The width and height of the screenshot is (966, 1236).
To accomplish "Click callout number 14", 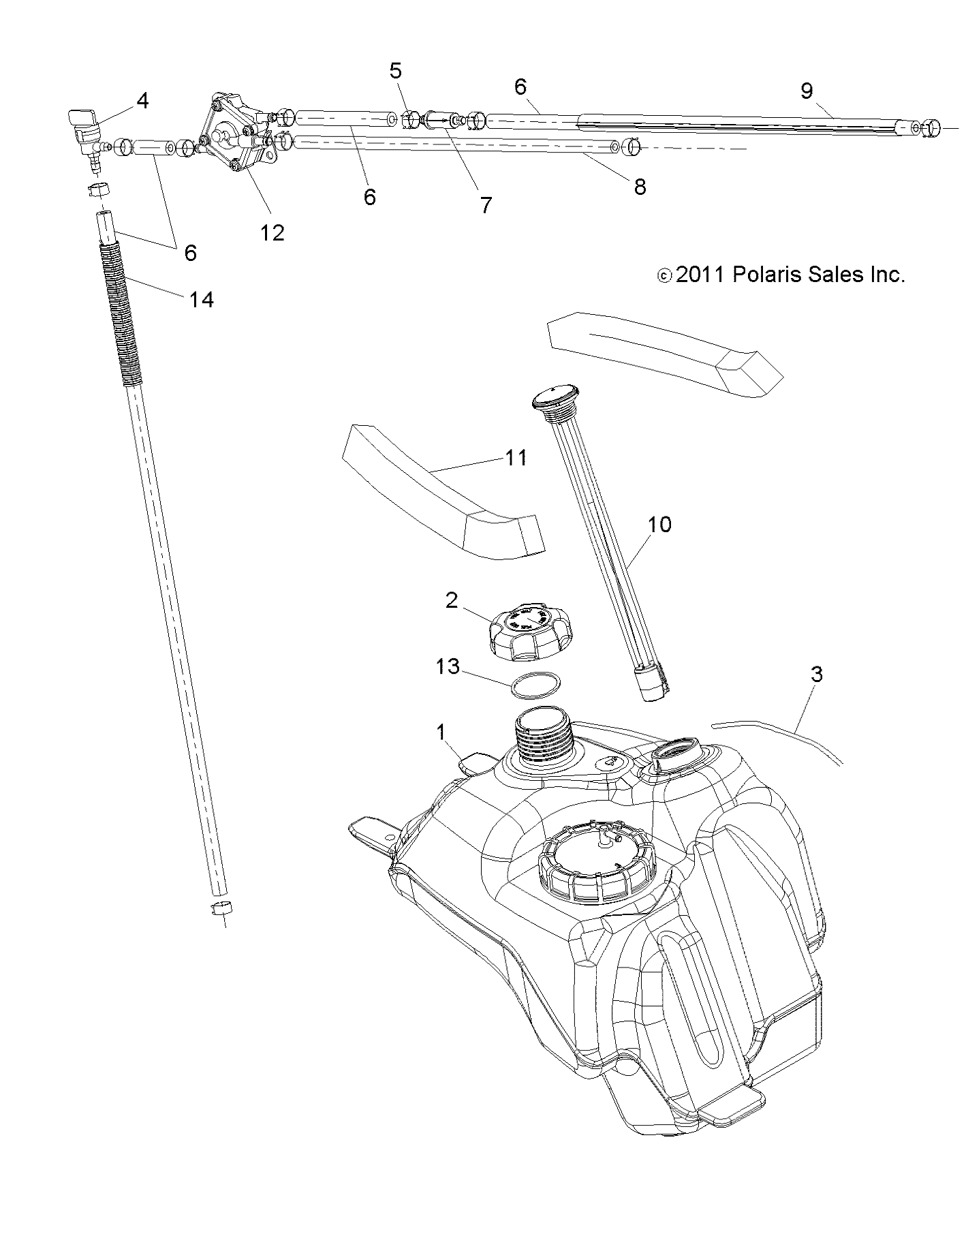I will pos(202,299).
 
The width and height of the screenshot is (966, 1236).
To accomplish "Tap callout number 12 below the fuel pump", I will pos(272,233).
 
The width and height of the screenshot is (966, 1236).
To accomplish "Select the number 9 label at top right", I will pos(807,91).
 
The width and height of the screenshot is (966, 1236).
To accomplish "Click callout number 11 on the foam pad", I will pos(516,458).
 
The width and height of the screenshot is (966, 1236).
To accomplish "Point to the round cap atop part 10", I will pos(552,395).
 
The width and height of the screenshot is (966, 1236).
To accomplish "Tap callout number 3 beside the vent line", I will pos(817,675).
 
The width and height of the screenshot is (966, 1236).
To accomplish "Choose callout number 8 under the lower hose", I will pos(639,187).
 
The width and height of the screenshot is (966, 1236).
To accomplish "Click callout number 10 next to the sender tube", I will pos(659,524).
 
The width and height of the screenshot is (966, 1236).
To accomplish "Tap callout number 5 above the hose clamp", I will pos(396,71).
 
